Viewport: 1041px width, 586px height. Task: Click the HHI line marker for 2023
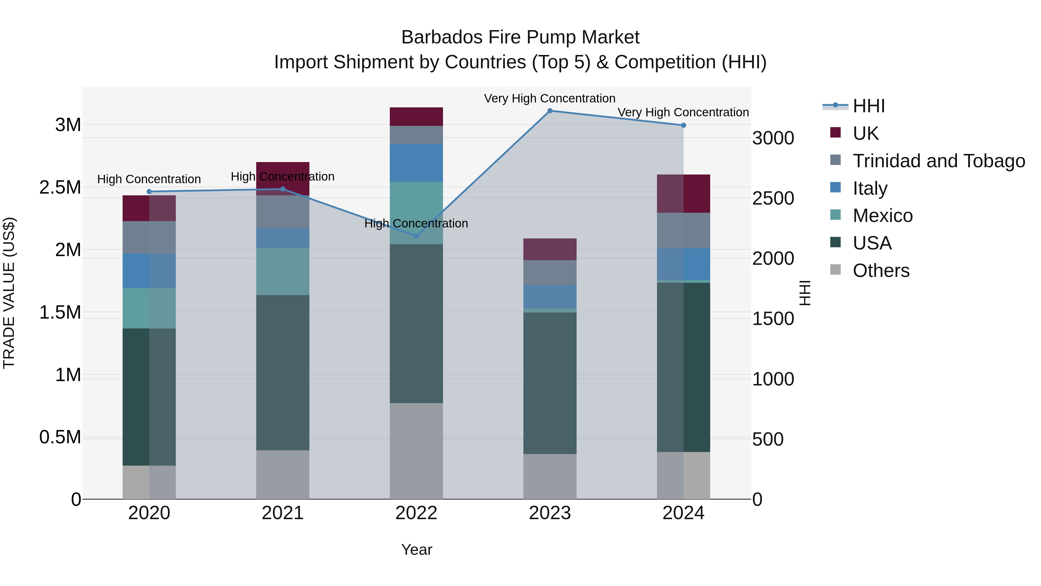[x=550, y=111]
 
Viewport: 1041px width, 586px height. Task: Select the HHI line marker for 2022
[x=417, y=236]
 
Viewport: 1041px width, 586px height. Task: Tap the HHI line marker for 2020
[x=149, y=192]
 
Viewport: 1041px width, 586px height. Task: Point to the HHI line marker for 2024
[x=683, y=125]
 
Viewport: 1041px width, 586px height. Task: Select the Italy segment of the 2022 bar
[x=416, y=163]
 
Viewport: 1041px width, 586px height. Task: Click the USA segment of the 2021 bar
[x=283, y=372]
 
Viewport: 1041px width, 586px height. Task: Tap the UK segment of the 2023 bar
[x=550, y=249]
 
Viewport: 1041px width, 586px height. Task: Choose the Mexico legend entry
[x=883, y=216]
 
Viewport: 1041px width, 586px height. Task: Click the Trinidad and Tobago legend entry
[x=939, y=161]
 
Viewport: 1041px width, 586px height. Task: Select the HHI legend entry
[x=869, y=106]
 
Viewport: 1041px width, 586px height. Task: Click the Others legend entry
[x=881, y=271]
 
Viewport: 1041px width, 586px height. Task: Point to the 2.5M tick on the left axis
[x=60, y=187]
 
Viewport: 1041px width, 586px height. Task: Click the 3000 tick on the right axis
[x=773, y=138]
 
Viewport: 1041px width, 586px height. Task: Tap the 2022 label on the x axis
[x=416, y=513]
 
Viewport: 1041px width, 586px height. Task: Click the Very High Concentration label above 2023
[x=550, y=98]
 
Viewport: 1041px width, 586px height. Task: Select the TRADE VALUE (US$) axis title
[x=9, y=293]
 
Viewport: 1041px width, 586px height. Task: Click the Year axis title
[x=417, y=550]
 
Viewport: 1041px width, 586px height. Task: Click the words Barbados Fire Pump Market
[x=520, y=37]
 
